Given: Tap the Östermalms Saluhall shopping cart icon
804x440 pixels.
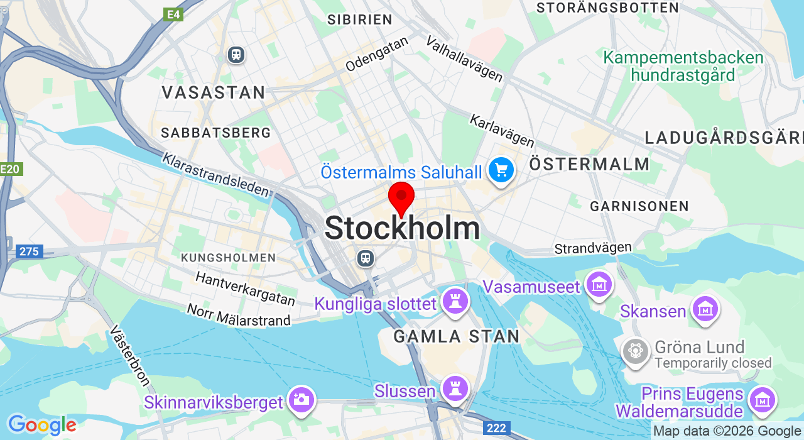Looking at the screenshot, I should coord(501,170).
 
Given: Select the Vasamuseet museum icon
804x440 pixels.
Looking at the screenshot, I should coord(599,284).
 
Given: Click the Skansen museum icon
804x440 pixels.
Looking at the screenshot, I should coord(705,309).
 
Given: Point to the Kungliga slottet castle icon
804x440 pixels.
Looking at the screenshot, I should coord(455,301).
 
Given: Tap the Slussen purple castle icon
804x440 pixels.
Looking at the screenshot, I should coord(454,388).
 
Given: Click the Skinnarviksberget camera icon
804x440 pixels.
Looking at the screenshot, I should coord(301,399).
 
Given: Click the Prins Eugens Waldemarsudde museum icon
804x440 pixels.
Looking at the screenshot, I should coord(762,399).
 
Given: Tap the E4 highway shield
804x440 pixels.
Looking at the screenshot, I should coord(173,14).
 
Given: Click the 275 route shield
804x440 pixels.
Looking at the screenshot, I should coord(29,252).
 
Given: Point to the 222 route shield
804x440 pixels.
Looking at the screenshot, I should coord(496,428).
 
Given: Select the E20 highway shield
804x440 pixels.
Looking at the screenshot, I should coord(10,168).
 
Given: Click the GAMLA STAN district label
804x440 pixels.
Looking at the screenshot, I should coord(457,336).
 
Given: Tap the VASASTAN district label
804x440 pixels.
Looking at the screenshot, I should coord(214,92).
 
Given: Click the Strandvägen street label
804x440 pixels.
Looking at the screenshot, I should coord(593,248).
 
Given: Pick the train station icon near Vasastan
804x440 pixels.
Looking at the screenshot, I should coord(236,55).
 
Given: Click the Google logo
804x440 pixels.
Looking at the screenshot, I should coord(41,426).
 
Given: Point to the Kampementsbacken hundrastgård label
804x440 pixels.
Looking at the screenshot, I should coord(683,67).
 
